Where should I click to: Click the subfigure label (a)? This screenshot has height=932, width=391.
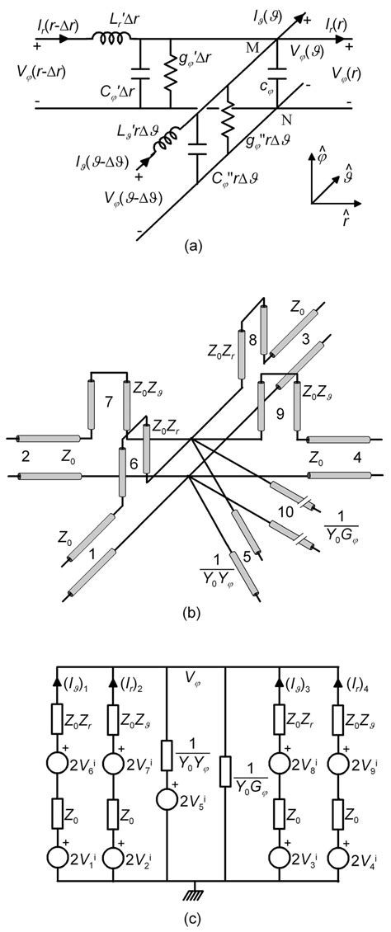click(195, 245)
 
